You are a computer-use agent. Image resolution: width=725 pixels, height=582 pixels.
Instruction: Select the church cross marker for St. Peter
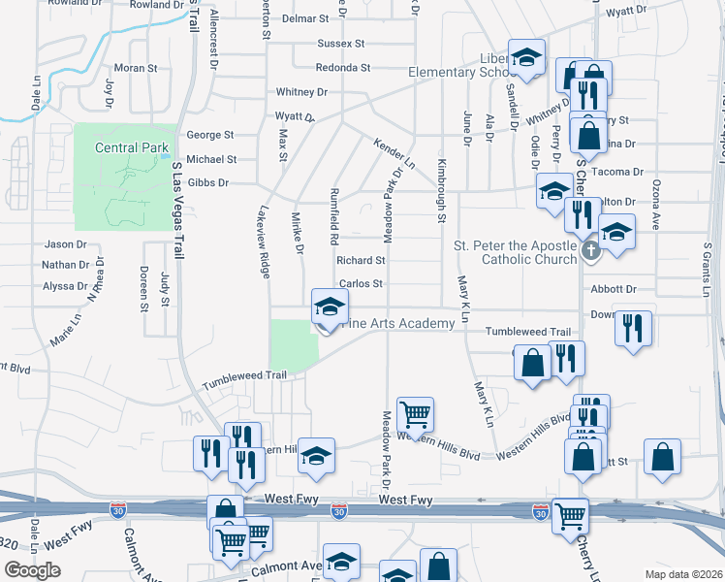[x=592, y=252]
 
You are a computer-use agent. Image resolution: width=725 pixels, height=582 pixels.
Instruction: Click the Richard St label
[x=361, y=260]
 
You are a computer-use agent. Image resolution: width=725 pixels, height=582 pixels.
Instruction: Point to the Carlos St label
[x=361, y=284]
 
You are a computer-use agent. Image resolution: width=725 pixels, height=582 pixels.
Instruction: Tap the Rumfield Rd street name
[x=334, y=215]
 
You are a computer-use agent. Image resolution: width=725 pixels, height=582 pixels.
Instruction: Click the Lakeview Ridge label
[x=264, y=242]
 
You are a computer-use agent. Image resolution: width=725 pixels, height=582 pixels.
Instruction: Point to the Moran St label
[x=136, y=68]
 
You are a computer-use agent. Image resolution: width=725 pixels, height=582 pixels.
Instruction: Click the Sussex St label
[x=340, y=44]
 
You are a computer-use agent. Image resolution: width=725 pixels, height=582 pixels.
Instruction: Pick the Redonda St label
[x=343, y=68]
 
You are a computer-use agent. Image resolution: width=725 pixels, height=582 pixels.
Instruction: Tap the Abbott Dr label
[x=613, y=289]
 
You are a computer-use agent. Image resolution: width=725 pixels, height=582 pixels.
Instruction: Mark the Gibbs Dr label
[x=207, y=182]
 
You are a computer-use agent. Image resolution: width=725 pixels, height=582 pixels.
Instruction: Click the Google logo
[x=32, y=570]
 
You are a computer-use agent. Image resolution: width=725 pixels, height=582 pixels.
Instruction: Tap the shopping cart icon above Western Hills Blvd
[x=415, y=414]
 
